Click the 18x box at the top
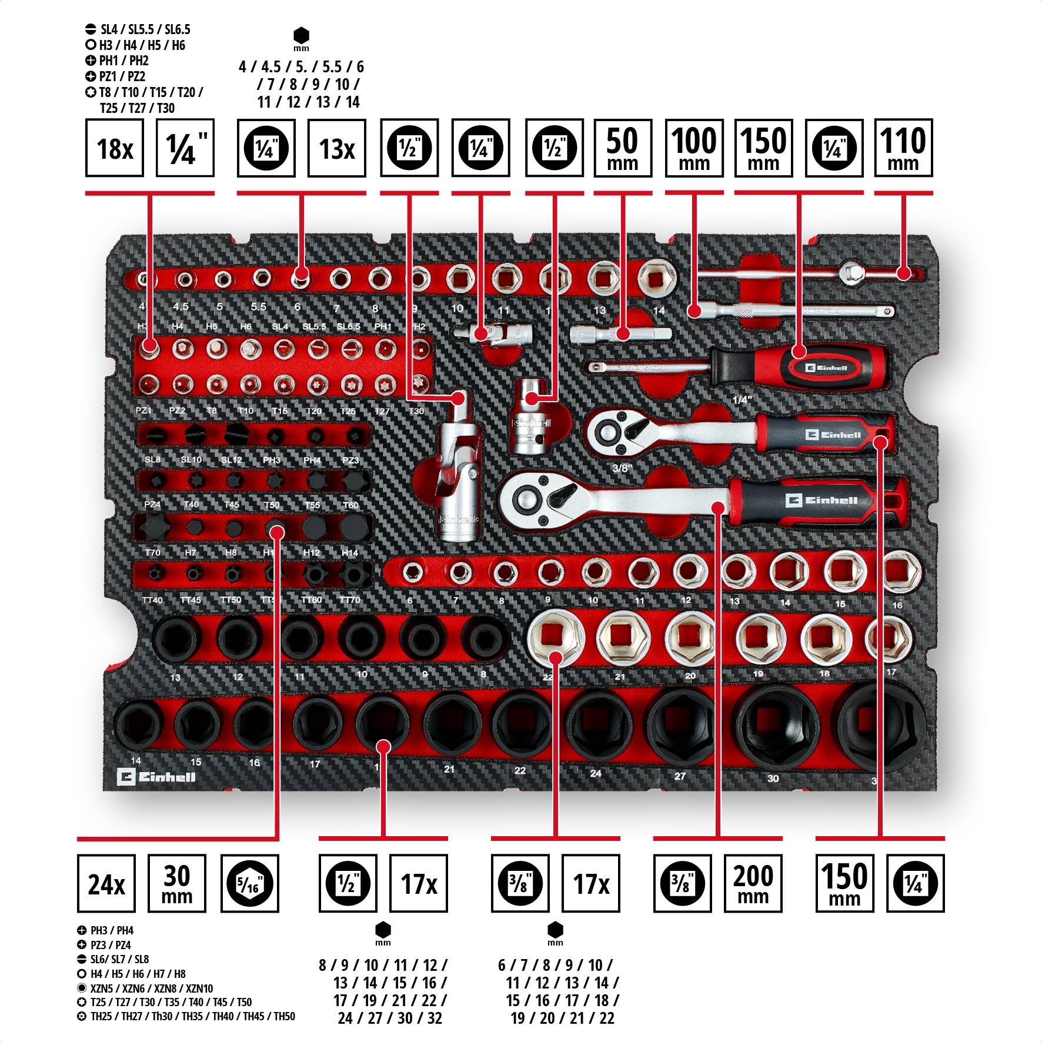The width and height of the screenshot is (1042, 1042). [114, 148]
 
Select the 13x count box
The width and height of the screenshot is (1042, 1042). [336, 148]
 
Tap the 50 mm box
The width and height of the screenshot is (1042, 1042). [622, 148]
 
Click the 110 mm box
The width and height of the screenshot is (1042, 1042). [903, 148]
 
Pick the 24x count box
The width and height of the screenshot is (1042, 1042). [106, 883]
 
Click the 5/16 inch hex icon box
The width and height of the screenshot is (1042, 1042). [249, 883]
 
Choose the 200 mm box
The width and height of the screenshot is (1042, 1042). [752, 883]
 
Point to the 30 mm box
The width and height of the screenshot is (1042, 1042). [176, 883]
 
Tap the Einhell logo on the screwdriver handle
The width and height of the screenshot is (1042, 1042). [826, 368]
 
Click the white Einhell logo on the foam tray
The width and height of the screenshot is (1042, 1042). [156, 777]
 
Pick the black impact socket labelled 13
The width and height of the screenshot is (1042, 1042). [176, 639]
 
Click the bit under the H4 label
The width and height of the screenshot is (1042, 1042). [182, 349]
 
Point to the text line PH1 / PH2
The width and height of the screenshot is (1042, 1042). [123, 61]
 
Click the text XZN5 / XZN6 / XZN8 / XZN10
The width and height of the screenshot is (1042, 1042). [151, 988]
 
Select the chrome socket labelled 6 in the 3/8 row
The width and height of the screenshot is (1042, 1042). [413, 572]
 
